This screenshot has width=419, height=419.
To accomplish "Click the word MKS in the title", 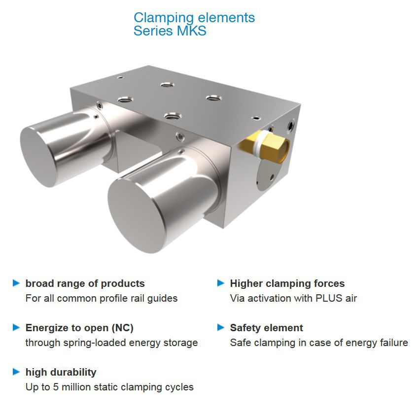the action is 192,31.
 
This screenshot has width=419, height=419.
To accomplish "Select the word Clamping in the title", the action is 164,18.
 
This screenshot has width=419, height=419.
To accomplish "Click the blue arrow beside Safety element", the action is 221,327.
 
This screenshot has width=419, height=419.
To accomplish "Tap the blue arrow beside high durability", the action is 16,372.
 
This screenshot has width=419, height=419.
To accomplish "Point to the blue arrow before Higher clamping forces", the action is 221,283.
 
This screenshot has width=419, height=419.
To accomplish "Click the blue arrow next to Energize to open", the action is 16,327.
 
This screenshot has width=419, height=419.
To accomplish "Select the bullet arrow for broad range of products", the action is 16,283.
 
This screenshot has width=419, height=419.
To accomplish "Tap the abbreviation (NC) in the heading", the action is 122,328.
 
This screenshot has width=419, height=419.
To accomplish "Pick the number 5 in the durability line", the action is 56,387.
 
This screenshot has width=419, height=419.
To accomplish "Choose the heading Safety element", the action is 266,328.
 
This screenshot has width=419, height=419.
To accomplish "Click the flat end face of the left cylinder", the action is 39,157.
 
